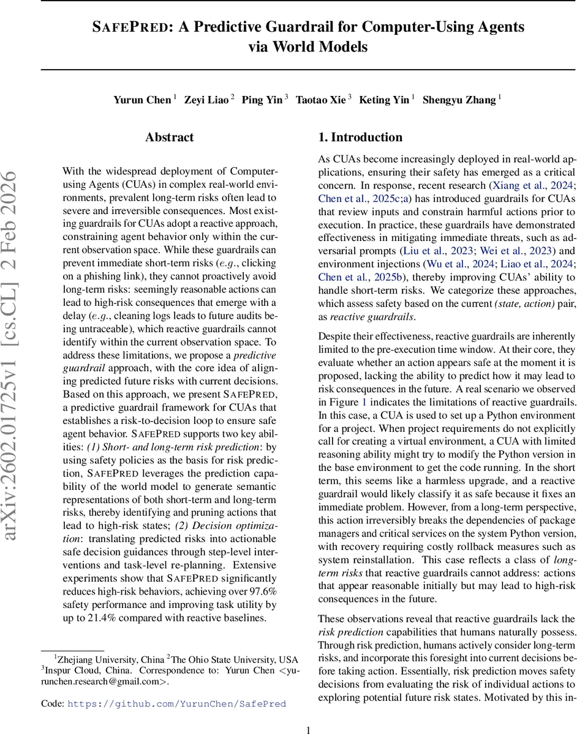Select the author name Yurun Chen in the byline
[141, 100]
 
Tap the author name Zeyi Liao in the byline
[206, 100]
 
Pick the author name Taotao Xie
[320, 100]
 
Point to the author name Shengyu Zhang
[459, 100]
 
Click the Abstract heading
[169, 138]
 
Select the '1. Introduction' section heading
[360, 138]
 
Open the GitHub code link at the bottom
[176, 703]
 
